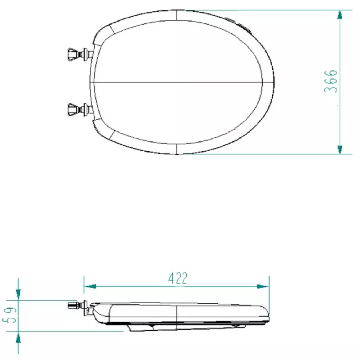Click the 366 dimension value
[331, 81]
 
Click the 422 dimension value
[178, 278]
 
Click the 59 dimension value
[9, 315]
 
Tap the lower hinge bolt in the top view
[81, 109]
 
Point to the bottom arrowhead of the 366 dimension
[340, 149]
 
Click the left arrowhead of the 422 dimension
[90, 286]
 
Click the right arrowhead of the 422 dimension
[263, 286]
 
